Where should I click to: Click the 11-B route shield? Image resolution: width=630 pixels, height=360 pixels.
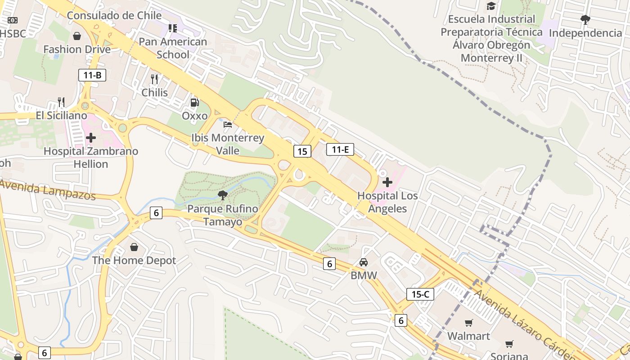coord(92,75)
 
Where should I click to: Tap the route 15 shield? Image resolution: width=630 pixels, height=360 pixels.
coord(302,151)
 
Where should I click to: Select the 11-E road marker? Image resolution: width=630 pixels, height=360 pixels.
coord(340,149)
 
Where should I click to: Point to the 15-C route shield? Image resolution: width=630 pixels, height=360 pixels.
coord(420,294)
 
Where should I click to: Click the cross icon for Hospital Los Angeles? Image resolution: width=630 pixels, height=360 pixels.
coord(387,182)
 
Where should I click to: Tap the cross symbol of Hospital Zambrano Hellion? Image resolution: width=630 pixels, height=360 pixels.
coord(91,138)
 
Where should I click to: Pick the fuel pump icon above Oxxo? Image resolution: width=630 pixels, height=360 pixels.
coord(194,103)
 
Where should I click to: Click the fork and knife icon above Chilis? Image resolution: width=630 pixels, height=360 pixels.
coord(154,79)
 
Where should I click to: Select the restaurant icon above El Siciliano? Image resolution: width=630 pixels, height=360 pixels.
coord(61,102)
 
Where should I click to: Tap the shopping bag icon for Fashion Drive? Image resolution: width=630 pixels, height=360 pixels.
coord(77,36)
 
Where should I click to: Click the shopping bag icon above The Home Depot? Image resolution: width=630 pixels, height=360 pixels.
coord(134,247)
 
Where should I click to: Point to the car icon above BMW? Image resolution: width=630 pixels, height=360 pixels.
coord(364,262)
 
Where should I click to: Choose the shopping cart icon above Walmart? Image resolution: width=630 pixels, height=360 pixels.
coord(469,323)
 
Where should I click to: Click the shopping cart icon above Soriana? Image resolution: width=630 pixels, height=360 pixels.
coord(509,344)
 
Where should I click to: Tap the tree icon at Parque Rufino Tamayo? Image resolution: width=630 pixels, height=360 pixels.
coord(222,195)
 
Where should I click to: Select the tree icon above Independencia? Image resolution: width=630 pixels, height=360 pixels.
coord(585,19)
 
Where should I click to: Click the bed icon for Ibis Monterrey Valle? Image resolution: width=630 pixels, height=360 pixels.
coord(228,124)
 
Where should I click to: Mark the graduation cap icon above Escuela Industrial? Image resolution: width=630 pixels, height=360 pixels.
coord(491,6)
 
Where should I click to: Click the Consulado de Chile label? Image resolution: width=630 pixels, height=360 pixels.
coord(114,15)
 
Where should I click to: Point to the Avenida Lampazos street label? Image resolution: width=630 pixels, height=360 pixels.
coord(47,189)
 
